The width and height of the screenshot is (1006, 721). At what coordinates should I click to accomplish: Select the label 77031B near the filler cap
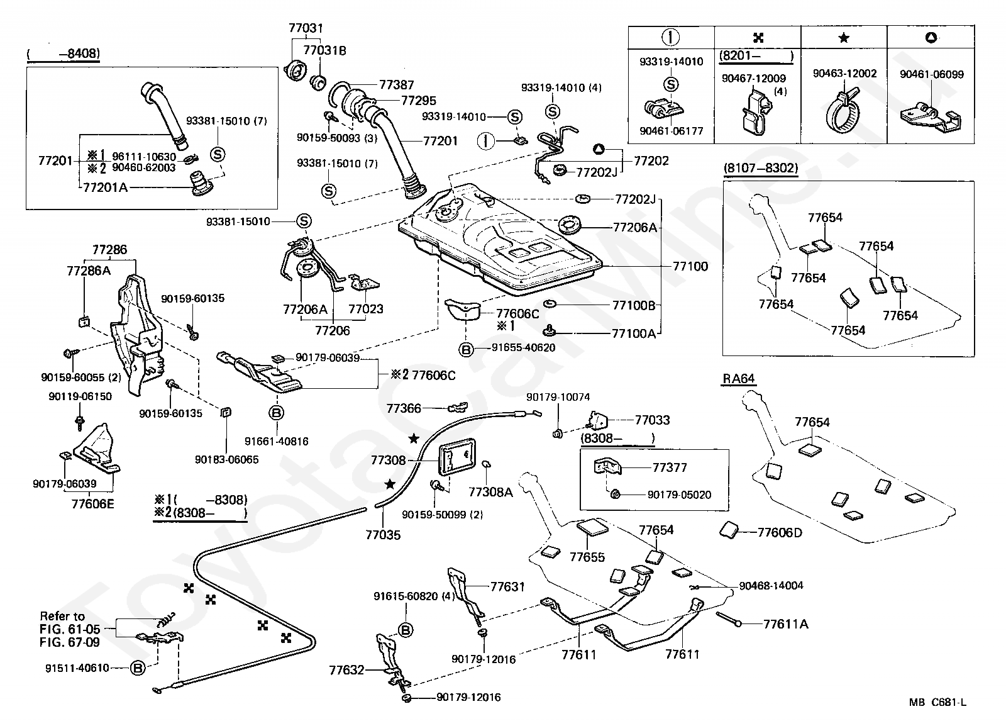point(324,50)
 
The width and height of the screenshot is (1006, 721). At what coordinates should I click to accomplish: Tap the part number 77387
point(396,84)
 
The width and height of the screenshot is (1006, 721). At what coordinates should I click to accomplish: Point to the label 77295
point(418,100)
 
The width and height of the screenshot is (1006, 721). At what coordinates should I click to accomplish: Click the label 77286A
point(89,271)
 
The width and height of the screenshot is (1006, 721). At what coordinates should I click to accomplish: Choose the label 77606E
point(93,504)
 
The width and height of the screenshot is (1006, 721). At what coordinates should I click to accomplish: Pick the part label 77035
point(383,535)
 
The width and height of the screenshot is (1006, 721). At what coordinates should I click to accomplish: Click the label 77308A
point(490,492)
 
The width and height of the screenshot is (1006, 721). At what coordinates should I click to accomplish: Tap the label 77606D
point(780,533)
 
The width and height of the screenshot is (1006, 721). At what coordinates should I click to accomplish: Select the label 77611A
point(785,624)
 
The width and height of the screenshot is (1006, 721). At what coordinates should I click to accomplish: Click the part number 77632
point(346,670)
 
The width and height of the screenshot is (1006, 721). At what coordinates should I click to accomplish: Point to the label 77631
point(507,586)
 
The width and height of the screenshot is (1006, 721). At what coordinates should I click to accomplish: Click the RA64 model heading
point(738,379)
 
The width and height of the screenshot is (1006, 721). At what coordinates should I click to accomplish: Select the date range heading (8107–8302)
point(761,168)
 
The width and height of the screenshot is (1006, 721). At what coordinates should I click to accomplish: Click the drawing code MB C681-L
point(937,702)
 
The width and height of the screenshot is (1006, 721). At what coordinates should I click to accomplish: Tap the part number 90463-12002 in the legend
point(845,73)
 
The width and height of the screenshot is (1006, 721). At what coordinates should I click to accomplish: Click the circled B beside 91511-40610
point(138,668)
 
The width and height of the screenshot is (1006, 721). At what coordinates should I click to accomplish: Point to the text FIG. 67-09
point(70,642)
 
